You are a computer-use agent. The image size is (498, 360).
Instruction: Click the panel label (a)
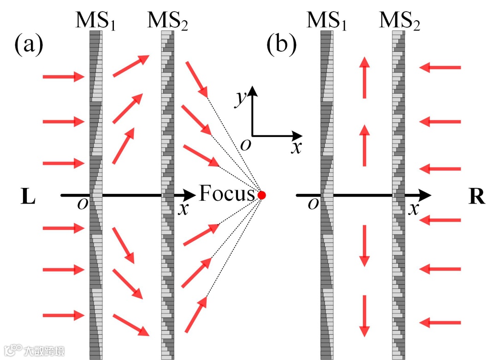click(29, 45)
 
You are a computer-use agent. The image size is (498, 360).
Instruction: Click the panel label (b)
click(281, 45)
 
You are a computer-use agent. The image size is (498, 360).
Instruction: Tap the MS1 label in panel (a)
click(96, 21)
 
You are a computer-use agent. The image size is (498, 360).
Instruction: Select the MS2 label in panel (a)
click(168, 21)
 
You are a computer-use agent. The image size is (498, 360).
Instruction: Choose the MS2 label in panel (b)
click(399, 21)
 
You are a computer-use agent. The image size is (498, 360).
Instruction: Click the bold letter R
click(477, 197)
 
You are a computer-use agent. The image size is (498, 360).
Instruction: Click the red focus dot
click(262, 195)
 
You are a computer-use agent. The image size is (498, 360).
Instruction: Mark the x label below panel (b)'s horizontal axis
click(414, 209)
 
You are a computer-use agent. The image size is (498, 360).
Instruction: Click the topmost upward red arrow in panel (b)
click(364, 77)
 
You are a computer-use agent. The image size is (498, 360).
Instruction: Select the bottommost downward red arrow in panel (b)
click(364, 316)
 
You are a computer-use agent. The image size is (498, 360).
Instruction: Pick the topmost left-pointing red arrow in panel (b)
click(440, 68)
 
